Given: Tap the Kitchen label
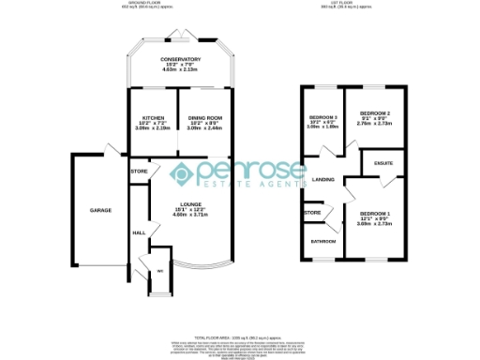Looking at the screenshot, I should [x=147, y=117].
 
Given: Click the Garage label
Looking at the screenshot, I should [x=101, y=210].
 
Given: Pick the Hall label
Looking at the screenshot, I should [x=138, y=232].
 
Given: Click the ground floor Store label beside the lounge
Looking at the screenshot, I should [x=139, y=172].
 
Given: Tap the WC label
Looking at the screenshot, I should [x=160, y=272].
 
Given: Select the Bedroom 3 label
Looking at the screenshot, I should [x=322, y=117].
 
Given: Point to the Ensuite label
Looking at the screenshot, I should [x=383, y=163].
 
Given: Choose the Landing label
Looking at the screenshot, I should [x=323, y=178].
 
